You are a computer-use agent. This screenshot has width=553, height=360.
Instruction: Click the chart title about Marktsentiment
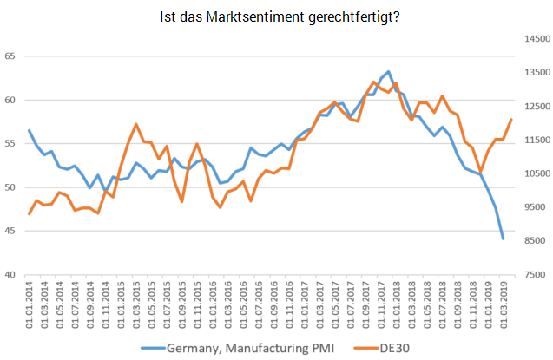coord(280,16)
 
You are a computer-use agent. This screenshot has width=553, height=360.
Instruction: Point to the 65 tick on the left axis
coord(11,56)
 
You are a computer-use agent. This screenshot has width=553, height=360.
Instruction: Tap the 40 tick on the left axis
coord(11,275)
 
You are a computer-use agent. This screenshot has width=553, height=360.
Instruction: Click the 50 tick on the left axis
coord(11,187)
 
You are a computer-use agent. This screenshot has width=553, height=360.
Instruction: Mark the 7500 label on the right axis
coord(534,275)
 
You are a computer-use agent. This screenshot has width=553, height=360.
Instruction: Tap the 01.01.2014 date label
coord(30,302)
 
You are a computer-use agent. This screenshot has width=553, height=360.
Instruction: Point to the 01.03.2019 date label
coord(504,302)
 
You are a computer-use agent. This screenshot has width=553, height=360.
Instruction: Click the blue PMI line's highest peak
coord(388,72)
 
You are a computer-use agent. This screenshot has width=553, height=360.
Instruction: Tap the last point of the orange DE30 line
coord(511,120)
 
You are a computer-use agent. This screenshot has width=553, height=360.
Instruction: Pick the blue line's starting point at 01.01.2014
coord(30,131)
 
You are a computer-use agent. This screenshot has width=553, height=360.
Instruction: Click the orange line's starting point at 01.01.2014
coord(30,213)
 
